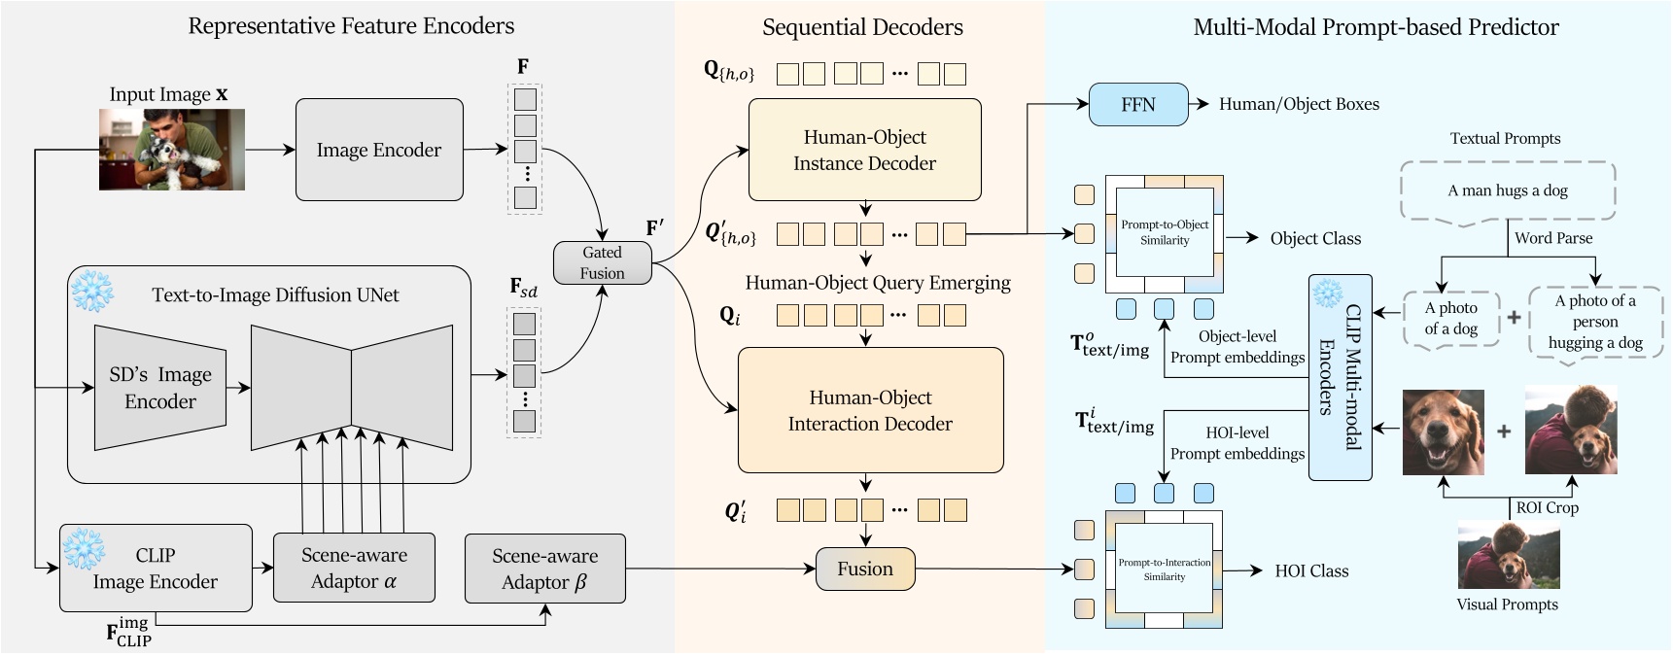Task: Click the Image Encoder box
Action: [379, 150]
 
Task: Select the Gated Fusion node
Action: [602, 262]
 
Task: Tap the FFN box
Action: [1138, 105]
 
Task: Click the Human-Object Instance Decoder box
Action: [864, 150]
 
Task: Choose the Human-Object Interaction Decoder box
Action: [870, 410]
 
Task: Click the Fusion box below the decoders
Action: [864, 570]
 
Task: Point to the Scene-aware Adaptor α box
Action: [354, 569]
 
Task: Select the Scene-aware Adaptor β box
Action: [544, 569]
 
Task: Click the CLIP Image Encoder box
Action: [156, 569]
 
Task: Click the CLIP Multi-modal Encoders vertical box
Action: [1340, 378]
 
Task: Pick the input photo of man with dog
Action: [172, 149]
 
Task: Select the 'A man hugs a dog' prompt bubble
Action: [1507, 191]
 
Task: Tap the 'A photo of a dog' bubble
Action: [1450, 319]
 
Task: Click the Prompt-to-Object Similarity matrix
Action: [1164, 233]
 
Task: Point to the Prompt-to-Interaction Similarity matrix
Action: [1164, 570]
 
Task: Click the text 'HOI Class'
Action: [1311, 571]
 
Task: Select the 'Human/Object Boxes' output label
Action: [1299, 104]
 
